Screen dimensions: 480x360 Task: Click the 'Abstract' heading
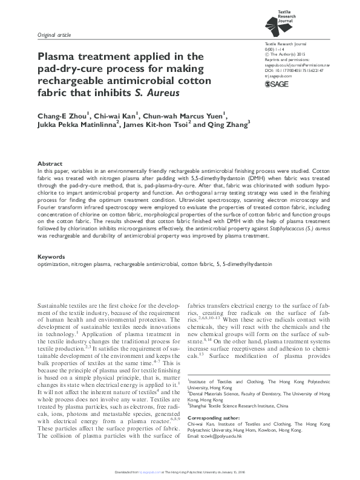(x=50, y=164)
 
